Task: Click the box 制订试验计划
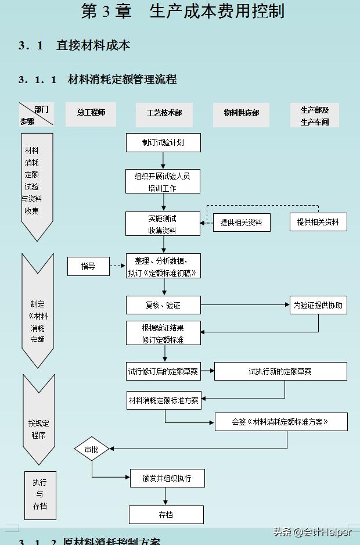coord(163,142)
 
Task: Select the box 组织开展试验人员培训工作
coord(163,181)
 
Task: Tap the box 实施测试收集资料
coord(163,224)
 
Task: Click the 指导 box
coord(88,266)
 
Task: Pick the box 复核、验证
coord(163,305)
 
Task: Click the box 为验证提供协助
coord(318,305)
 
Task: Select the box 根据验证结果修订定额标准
coord(163,334)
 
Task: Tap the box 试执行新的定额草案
coord(280,371)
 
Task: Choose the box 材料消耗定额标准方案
coord(163,400)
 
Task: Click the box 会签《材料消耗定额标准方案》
coord(280,422)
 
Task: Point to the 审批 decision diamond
coord(92,449)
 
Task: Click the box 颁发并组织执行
coord(167,478)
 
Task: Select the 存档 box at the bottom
coord(166,515)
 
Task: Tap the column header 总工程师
coord(92,113)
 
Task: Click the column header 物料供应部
coord(242,113)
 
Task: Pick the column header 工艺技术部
coord(164,113)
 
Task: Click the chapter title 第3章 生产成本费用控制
coord(183,12)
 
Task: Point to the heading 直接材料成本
coord(93,45)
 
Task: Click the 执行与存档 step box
coord(40,494)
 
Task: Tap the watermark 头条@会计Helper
coord(312,532)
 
